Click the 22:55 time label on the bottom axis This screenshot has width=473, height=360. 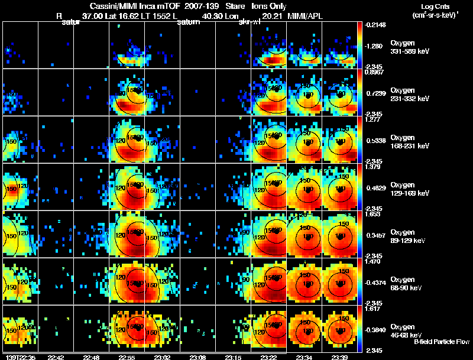127,356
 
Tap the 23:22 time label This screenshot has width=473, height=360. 269,356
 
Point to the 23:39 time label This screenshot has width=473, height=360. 340,356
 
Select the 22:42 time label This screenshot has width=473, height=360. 56,356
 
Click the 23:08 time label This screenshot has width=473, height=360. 198,356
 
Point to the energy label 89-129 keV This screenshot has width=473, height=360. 408,241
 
